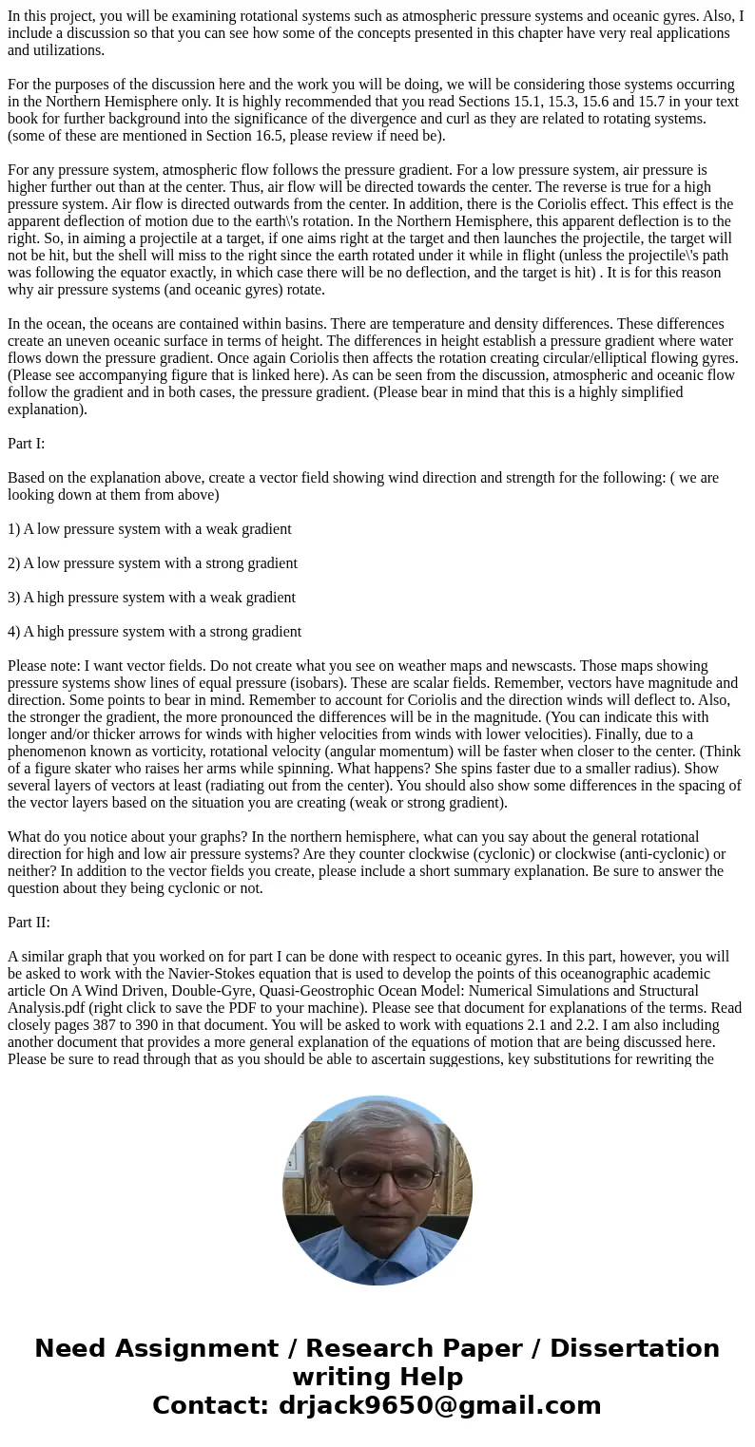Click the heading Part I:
pos(26,444)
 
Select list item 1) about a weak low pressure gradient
pos(149,529)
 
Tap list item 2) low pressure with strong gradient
pos(152,563)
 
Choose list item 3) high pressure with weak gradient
pos(151,598)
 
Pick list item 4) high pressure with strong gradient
pos(154,632)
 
